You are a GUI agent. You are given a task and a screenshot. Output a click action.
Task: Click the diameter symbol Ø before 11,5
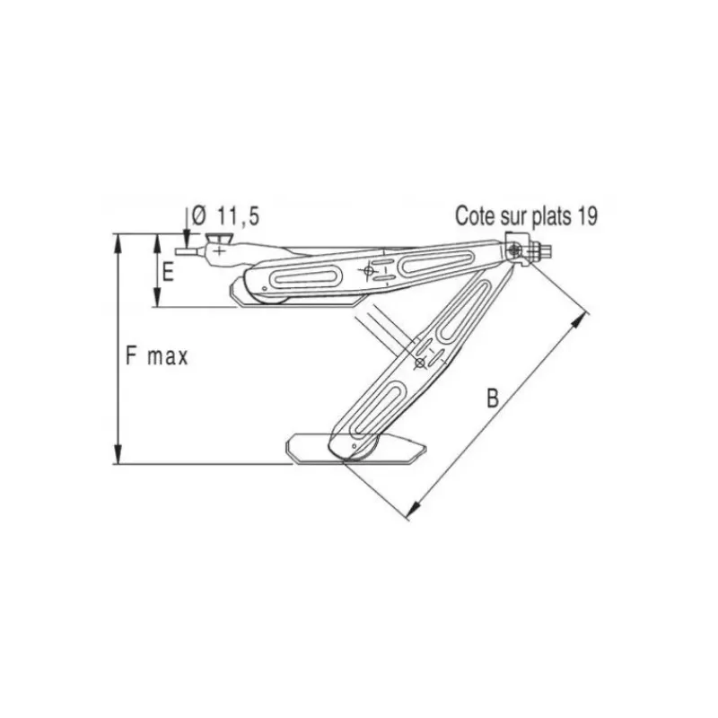click(199, 215)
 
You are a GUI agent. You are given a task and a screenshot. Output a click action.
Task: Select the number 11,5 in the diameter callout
click(238, 216)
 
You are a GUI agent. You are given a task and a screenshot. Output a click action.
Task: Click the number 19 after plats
click(588, 216)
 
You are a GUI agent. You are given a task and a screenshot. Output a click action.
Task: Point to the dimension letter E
click(168, 272)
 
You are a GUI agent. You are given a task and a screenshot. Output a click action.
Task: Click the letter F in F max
click(131, 355)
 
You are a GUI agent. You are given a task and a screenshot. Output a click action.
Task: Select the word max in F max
click(168, 357)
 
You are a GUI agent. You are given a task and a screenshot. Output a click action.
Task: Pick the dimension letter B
click(492, 398)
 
